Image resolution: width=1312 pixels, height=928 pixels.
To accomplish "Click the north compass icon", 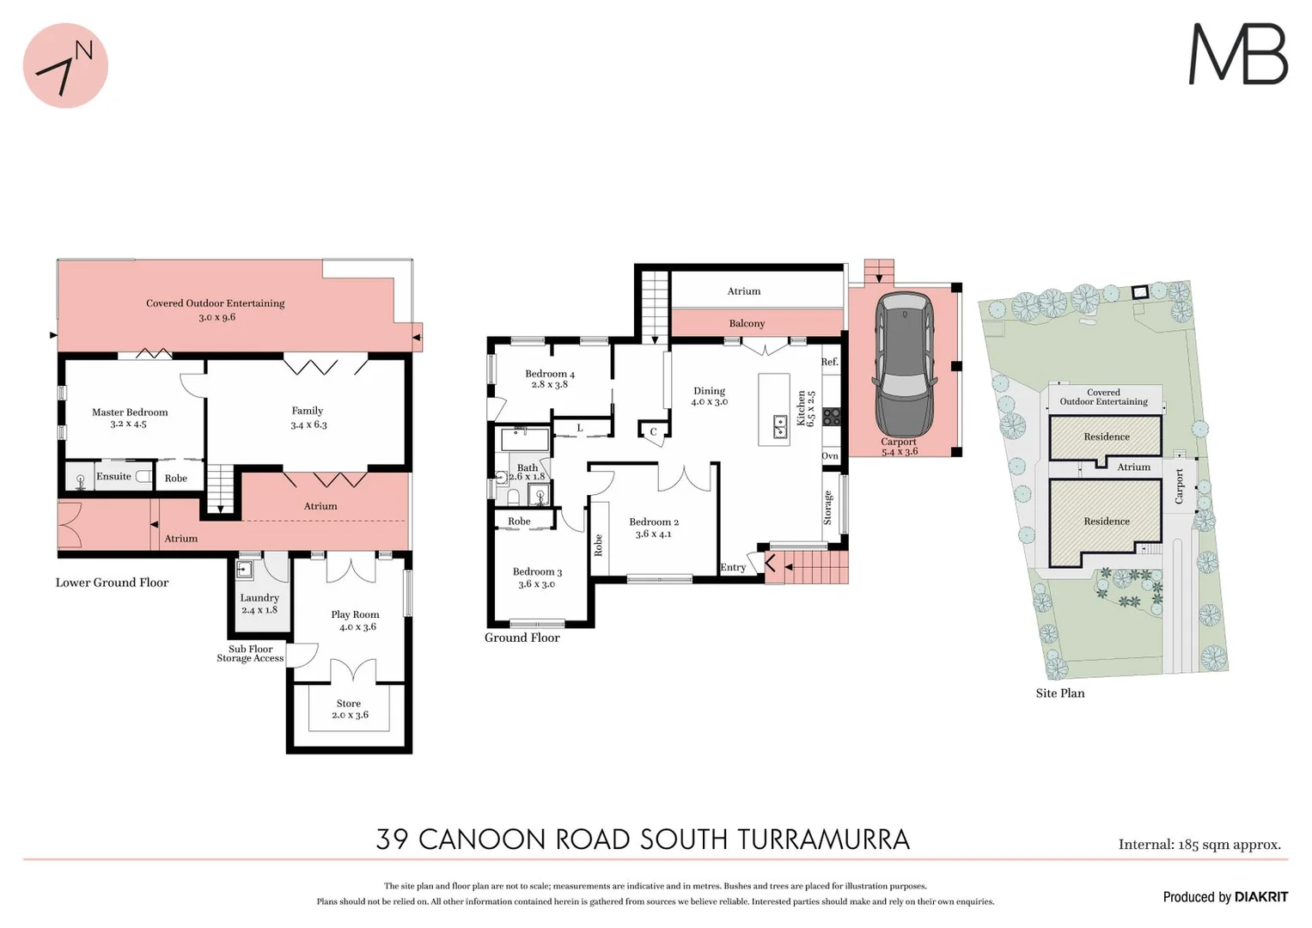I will pos(65,66).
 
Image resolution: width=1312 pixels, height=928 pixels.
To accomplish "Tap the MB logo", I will pos(1237,54).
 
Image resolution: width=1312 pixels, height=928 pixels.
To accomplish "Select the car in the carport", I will pos(903,364).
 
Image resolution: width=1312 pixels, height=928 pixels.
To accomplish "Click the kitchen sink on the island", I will pos(780,426).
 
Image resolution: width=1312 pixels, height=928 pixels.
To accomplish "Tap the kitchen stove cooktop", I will pos(831,418).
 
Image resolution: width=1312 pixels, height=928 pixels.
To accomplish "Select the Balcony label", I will pos(747,324).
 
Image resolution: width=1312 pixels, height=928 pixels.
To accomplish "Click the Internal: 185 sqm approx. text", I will pos(1199,845).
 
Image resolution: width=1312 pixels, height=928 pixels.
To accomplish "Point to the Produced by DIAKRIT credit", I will pos(1225,897).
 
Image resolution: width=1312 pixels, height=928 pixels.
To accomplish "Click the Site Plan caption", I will pos(1059,693).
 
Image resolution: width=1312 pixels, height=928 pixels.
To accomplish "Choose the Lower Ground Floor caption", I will pos(113,583).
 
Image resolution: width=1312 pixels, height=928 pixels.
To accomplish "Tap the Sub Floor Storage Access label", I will pos(250,654).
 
